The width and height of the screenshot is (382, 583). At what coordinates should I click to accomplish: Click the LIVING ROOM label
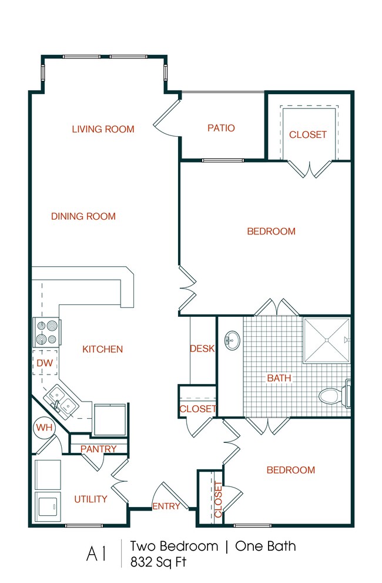point(103,129)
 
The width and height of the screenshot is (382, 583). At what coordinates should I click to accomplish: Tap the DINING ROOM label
point(83,216)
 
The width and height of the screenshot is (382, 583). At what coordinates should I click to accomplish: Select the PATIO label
point(221,128)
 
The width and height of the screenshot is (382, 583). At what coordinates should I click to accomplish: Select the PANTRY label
point(98,449)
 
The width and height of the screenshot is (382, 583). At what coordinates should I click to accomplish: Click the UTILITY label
point(91,499)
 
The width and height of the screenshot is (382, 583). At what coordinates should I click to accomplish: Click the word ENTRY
point(166,506)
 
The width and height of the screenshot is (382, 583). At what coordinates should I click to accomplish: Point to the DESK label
point(202,349)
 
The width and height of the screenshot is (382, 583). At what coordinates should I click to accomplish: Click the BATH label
point(279,377)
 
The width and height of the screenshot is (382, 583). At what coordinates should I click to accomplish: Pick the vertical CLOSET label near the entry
point(218,499)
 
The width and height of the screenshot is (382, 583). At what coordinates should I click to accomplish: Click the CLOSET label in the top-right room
point(307,134)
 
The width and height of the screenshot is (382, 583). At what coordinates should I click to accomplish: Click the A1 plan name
point(98,554)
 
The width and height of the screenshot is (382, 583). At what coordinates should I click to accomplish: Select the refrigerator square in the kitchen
point(109,420)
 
